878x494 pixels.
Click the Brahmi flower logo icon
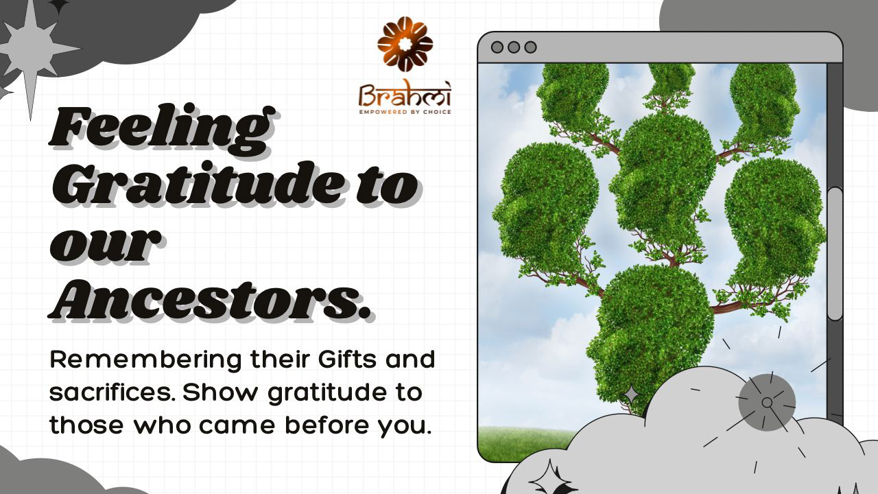(405, 45)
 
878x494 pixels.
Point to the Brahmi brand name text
(405, 95)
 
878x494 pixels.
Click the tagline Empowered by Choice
(405, 112)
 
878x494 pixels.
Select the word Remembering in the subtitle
(145, 360)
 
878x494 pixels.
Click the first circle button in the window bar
(497, 47)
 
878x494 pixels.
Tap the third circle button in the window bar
(531, 47)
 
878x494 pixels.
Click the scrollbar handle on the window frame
(835, 254)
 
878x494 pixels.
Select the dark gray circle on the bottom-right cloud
(767, 402)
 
